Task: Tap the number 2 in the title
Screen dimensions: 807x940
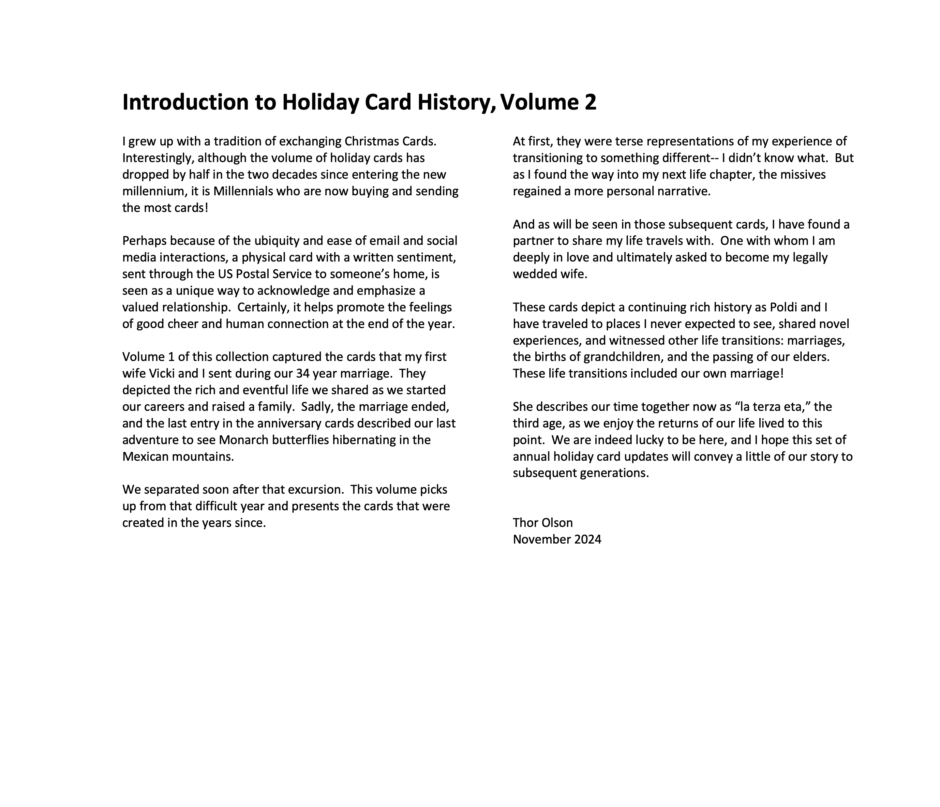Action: point(590,102)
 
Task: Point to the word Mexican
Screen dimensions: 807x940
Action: point(146,457)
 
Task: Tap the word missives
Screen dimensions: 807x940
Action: point(803,175)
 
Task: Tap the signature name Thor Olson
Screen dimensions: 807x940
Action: point(543,523)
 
